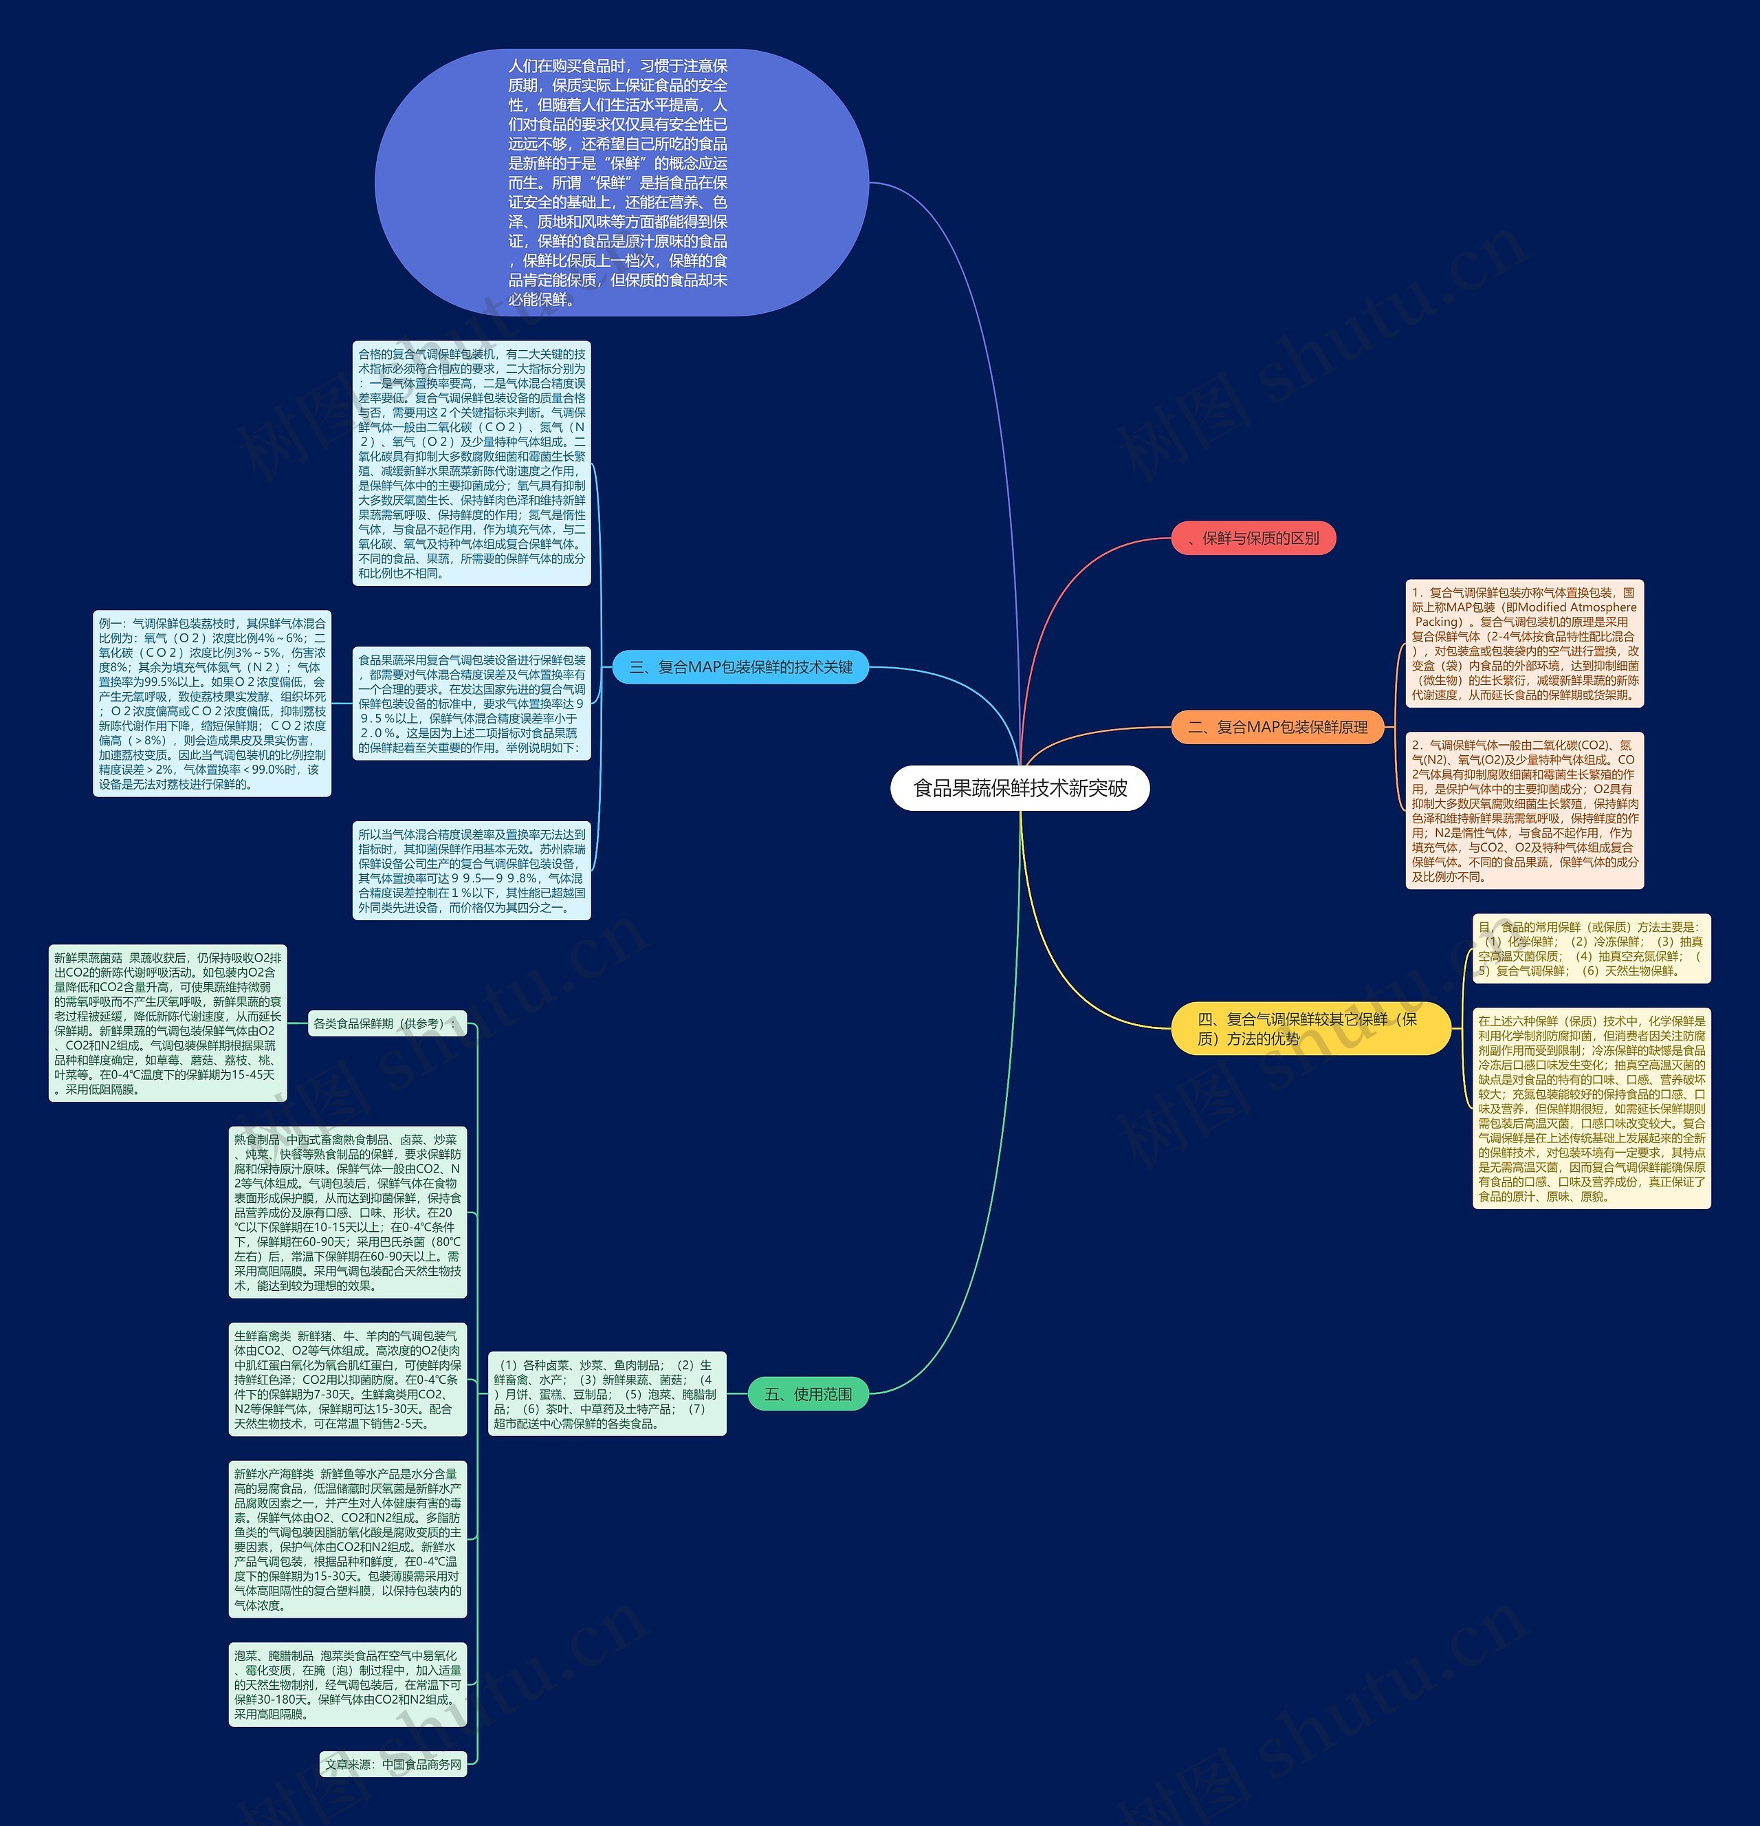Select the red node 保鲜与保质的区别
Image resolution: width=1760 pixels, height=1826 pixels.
[1253, 538]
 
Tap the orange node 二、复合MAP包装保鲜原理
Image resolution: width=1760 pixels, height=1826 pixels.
[1277, 727]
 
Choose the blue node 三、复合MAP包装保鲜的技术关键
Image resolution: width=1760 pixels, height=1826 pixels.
[740, 667]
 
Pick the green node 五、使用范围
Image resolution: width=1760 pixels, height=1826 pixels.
[807, 1393]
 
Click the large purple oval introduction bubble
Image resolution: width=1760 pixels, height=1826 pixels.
[620, 183]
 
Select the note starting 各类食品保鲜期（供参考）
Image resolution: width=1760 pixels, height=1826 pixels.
[387, 1023]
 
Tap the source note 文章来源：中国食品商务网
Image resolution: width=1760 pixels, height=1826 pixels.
[392, 1763]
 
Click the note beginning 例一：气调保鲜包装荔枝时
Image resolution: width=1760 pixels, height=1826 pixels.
[212, 704]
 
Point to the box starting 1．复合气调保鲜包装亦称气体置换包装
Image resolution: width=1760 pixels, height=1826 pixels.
[1523, 643]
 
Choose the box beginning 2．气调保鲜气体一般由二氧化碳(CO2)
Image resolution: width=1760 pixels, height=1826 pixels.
[1523, 809]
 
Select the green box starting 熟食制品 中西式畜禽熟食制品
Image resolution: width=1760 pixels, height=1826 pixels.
[347, 1212]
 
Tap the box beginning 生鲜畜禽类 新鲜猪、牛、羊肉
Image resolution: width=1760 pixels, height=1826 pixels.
[347, 1379]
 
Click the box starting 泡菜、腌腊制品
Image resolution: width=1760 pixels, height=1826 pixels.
[347, 1684]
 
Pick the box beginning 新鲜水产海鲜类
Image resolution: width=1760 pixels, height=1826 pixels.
[347, 1539]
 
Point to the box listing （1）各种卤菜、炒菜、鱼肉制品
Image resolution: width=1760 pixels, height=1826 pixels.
[606, 1393]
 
